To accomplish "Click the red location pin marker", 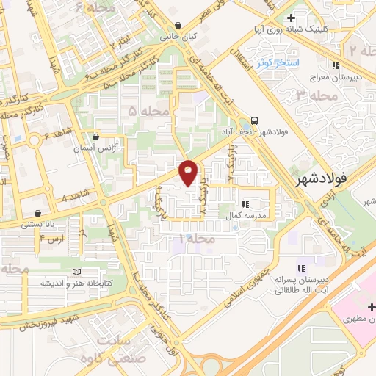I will coord(189,172).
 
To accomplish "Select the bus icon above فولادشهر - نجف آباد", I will coord(254,120).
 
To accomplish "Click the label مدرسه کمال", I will coord(250,216).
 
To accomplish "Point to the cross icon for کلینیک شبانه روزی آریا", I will coord(291,17).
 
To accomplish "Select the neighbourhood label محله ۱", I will coord(198,239).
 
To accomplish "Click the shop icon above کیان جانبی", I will coord(179,25).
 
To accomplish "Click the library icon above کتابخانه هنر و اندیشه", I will coord(78,272).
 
